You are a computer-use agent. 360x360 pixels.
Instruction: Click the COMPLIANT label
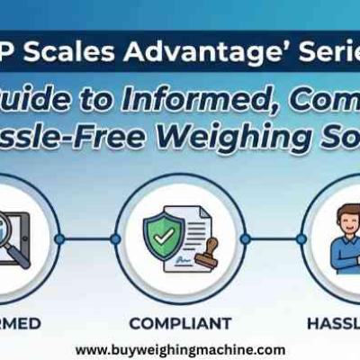pos(180,321)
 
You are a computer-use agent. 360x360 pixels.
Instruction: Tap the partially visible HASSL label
pos(333,321)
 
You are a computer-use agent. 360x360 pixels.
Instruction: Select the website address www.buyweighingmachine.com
pos(180,349)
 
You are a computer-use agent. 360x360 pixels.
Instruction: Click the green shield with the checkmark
pos(164,235)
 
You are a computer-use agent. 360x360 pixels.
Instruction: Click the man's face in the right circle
pos(346,219)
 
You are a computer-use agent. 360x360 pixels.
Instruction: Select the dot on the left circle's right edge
pos(59,239)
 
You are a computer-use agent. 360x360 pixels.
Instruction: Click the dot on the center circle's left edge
pos(115,239)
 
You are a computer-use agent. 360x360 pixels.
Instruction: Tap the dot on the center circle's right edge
pos(245,239)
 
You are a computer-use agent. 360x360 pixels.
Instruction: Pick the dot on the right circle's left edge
pos(301,239)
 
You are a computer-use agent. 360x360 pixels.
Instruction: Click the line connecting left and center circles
pos(87,239)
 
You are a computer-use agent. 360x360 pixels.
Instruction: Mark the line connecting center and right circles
pos(273,239)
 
